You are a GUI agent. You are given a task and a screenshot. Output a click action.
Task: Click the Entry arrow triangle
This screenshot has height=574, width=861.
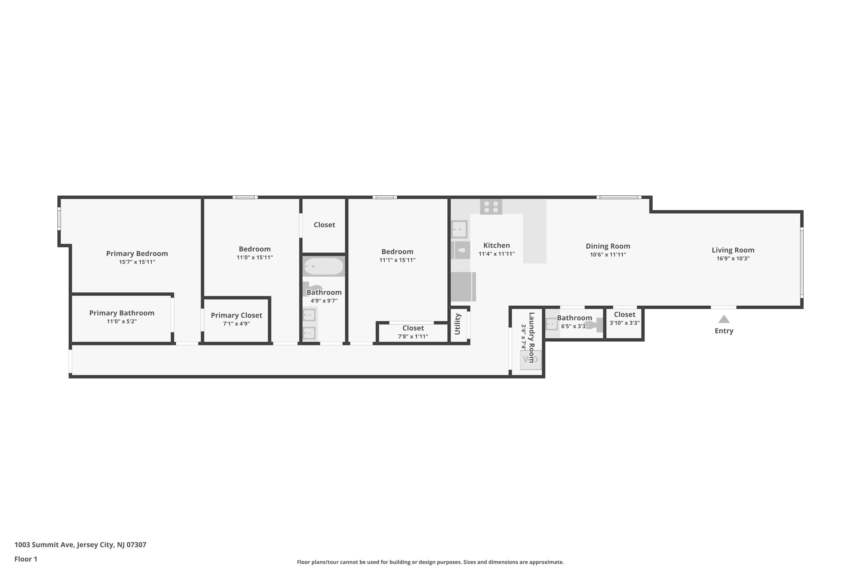coord(724,320)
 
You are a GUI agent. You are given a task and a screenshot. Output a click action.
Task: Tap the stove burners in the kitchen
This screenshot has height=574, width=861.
coord(491,207)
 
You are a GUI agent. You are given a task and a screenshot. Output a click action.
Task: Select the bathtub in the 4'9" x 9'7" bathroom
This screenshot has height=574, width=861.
coord(324,267)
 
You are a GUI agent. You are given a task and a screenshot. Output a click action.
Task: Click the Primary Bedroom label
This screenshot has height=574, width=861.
coord(137,253)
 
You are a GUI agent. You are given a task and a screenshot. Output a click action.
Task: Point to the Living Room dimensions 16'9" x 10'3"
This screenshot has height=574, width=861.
coord(733,259)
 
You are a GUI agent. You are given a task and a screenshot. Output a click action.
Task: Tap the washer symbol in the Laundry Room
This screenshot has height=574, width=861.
coord(530,360)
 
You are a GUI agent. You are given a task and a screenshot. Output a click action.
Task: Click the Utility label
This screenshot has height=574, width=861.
coord(457,324)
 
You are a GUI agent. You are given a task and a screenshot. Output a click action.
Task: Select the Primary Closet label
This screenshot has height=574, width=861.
coord(236,315)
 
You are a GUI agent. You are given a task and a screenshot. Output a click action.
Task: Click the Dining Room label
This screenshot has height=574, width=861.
coord(608,246)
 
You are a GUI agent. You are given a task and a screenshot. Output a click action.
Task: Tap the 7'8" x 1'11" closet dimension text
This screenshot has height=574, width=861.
coord(413,336)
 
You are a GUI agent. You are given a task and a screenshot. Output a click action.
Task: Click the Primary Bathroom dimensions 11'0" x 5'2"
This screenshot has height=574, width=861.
coord(121,321)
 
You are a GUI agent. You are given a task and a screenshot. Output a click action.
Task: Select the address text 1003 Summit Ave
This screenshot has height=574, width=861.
coord(80,544)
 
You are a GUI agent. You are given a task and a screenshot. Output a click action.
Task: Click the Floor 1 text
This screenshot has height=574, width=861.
coord(26,559)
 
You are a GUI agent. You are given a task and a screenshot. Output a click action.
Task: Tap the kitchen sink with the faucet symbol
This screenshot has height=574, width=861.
coord(461,250)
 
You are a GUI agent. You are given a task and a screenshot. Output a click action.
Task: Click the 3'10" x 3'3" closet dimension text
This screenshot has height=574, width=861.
coord(625,323)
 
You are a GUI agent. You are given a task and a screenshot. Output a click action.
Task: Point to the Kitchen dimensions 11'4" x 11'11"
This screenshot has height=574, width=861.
coord(497,254)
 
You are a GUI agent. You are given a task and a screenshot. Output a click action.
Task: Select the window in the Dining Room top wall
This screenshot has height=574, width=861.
coord(619,197)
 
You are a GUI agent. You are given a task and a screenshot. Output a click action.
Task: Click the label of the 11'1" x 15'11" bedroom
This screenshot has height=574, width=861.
coord(397,251)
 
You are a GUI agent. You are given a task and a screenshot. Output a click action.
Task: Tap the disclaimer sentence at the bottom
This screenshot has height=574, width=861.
coord(430,562)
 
